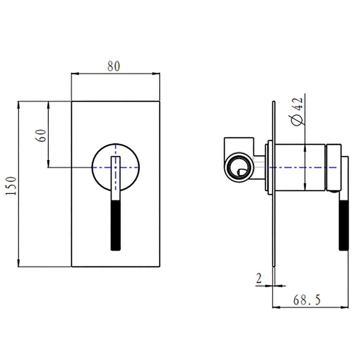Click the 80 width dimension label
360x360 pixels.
(114, 66)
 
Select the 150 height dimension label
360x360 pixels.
(11, 186)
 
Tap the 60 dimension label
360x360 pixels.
(41, 136)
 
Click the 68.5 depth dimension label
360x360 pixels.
(307, 300)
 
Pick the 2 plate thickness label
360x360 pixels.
(259, 279)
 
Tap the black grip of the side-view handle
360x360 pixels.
(344, 225)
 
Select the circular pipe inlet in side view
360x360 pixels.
(239, 167)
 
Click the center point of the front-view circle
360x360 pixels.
(116, 167)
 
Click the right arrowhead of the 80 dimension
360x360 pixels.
(156, 74)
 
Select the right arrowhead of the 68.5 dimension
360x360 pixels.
(345, 307)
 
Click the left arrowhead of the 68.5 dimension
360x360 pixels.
(276, 307)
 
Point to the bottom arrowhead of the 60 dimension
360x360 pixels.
(48, 164)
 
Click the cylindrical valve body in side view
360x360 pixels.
(300, 167)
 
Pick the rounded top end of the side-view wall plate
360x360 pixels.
(274, 102)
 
